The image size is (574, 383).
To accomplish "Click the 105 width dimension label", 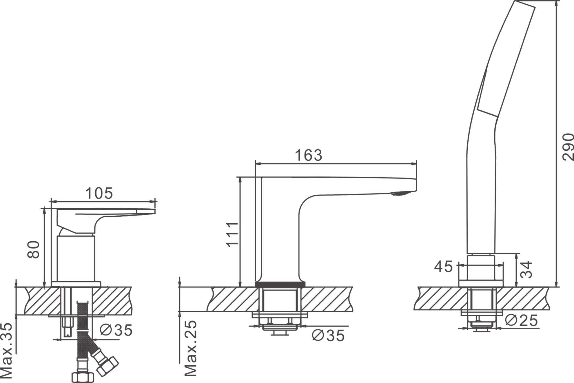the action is tap(99, 193).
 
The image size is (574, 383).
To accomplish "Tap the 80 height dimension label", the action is tap(33, 249).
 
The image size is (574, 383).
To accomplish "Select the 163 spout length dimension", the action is tap(309, 155).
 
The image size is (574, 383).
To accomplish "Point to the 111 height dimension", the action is tap(232, 234).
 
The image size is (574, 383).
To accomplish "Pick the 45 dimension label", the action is tap(443, 267).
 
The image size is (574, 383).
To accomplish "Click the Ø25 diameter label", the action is tap(521, 320).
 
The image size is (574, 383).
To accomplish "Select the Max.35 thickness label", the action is tap(6, 351).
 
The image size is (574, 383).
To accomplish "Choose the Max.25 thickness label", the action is tap(191, 348).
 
